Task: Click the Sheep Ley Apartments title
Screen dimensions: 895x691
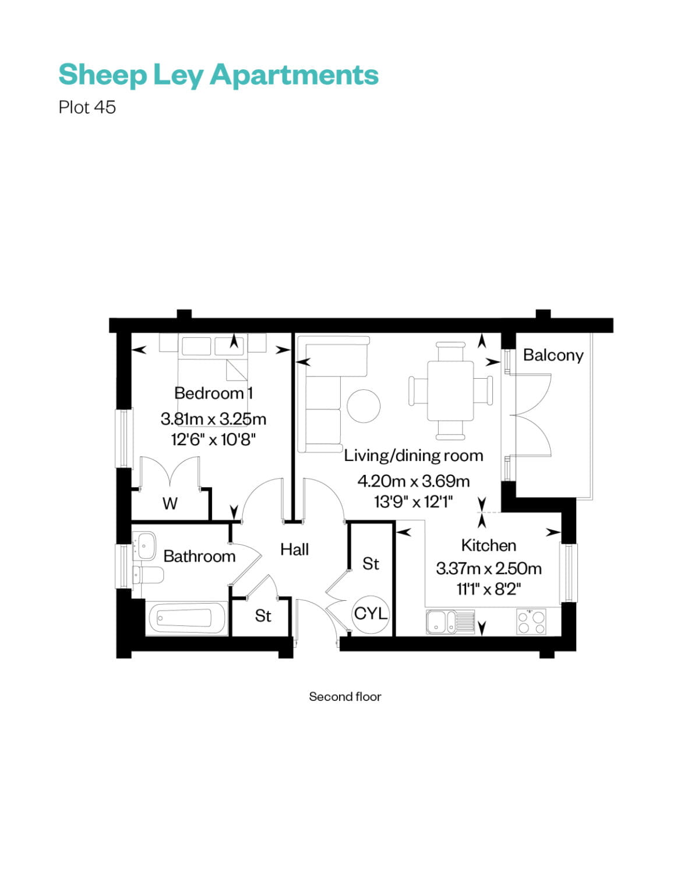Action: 218,75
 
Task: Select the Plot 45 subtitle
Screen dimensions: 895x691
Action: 87,107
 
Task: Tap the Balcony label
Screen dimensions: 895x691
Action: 552,355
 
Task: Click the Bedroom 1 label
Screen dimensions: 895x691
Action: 213,393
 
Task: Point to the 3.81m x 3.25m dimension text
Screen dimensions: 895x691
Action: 213,419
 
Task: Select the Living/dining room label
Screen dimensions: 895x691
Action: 413,455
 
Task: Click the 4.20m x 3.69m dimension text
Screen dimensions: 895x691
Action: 413,481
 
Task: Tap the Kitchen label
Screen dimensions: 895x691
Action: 488,545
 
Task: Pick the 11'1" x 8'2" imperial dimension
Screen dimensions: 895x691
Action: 488,589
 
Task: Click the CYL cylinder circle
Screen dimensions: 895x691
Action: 371,613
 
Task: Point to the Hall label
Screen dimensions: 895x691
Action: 294,549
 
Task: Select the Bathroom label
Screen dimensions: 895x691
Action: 199,556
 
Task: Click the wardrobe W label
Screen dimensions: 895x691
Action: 170,503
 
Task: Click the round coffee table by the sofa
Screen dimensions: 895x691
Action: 364,406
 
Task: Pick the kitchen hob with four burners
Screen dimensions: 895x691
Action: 531,621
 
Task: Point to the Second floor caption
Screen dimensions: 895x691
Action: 345,697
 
